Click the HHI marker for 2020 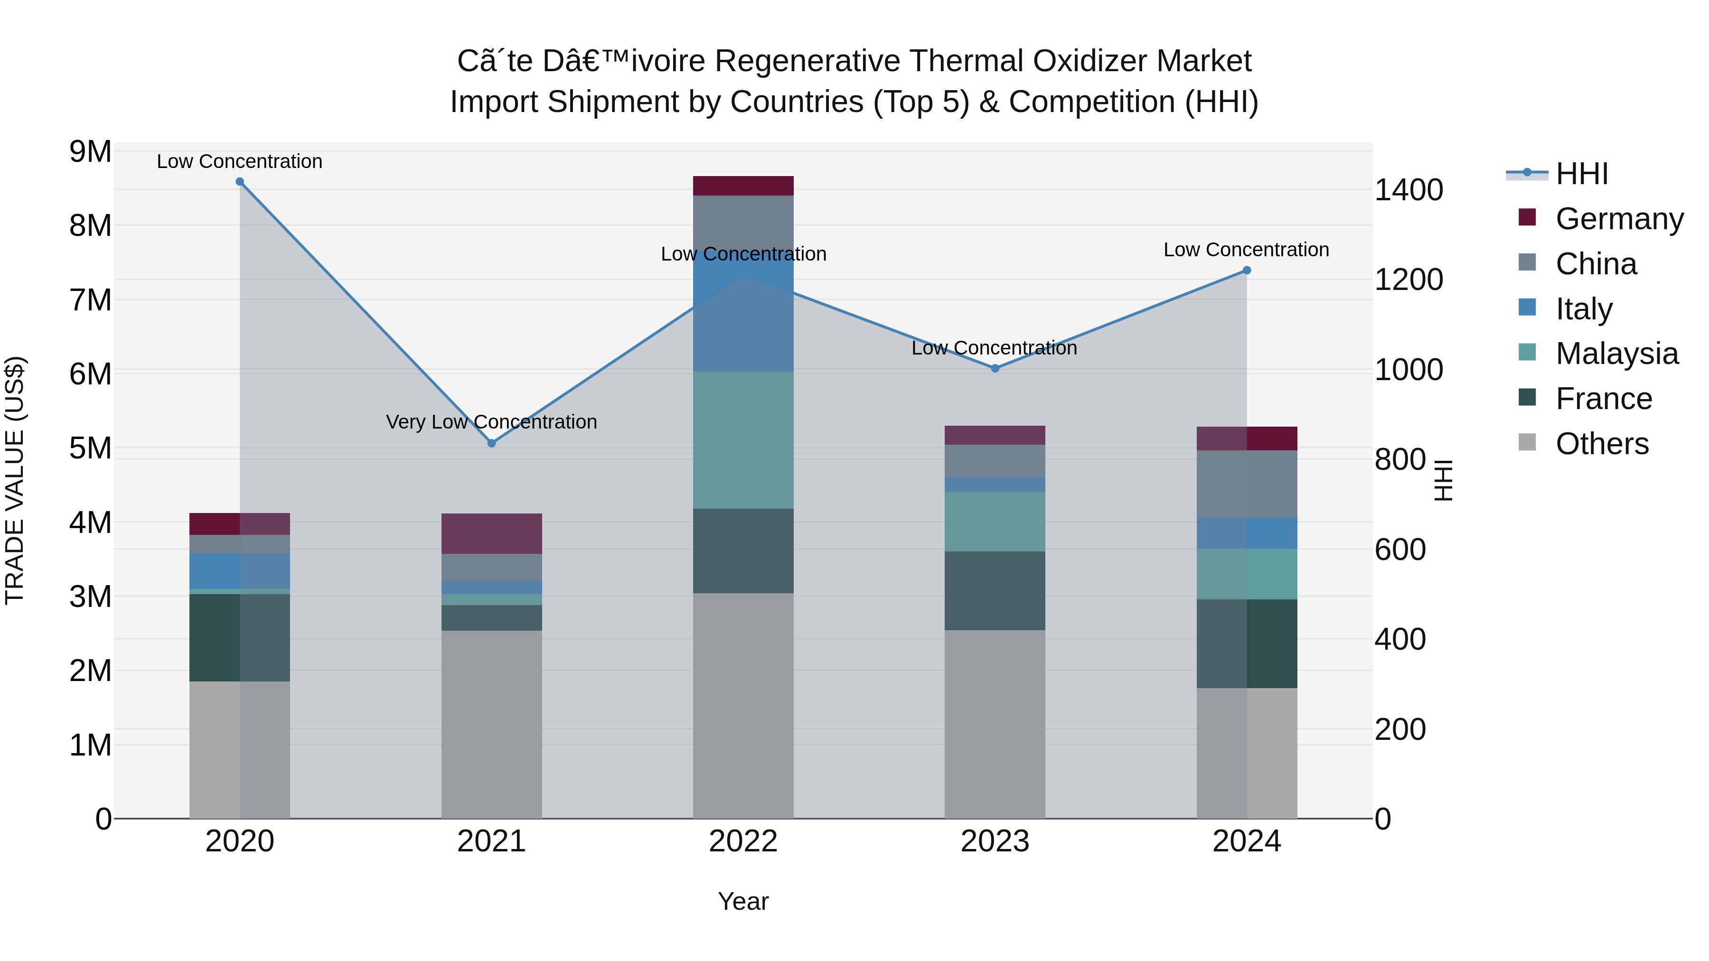click(240, 182)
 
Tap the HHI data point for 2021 click(492, 443)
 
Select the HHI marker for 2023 click(995, 368)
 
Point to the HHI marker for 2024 click(1247, 271)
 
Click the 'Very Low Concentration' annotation click(492, 422)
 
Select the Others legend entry click(1602, 444)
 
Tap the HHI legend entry click(1582, 174)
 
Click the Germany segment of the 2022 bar click(743, 186)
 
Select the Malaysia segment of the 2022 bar click(743, 440)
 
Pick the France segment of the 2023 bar click(995, 590)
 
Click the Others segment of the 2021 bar click(492, 724)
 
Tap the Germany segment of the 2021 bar click(492, 533)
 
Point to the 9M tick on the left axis click(90, 152)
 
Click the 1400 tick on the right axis click(1408, 190)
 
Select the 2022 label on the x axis click(743, 841)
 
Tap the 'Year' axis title click(743, 901)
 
